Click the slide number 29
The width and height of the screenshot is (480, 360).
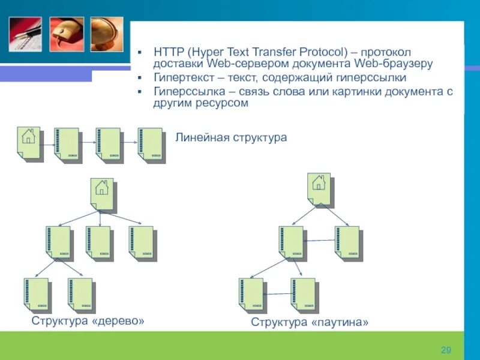coord(445,350)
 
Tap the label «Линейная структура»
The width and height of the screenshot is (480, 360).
coord(231,138)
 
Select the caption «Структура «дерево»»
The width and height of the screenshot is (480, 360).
coord(88,321)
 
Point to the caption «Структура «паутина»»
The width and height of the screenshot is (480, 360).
coord(310,323)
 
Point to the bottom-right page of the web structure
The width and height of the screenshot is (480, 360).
coord(302,293)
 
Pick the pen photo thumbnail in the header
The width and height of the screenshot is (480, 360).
coord(25,34)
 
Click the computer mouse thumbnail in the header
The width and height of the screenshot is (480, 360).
coord(66,34)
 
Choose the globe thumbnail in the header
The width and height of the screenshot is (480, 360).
coord(107,34)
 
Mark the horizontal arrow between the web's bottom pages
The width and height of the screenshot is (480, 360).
coord(277,293)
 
